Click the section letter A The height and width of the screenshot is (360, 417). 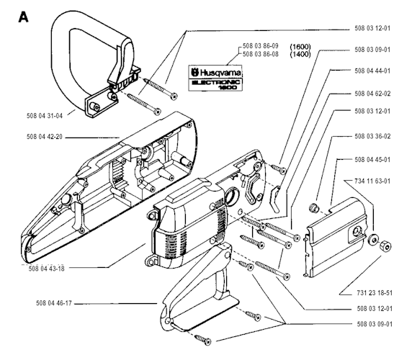pyautogui.click(x=23, y=17)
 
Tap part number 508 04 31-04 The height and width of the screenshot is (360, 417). pyautogui.click(x=45, y=116)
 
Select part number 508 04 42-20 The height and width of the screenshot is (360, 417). pyautogui.click(x=45, y=137)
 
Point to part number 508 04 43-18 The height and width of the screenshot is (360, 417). pyautogui.click(x=47, y=269)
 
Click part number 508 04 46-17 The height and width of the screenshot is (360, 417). pyautogui.click(x=54, y=303)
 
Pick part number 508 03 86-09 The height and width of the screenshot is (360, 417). pyautogui.click(x=261, y=46)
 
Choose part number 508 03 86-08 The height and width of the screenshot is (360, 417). pyautogui.click(x=261, y=54)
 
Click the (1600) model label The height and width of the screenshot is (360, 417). pyautogui.click(x=300, y=47)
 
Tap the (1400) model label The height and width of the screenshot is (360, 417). pyautogui.click(x=300, y=54)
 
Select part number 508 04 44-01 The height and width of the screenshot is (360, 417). pyautogui.click(x=372, y=71)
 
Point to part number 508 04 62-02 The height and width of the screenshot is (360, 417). pyautogui.click(x=372, y=94)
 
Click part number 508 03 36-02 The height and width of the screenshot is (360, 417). pyautogui.click(x=372, y=136)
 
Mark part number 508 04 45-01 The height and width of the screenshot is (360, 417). pyautogui.click(x=372, y=160)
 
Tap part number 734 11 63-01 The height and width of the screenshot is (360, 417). pyautogui.click(x=372, y=181)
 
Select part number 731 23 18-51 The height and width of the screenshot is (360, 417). pyautogui.click(x=375, y=293)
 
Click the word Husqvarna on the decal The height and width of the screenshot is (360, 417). pyautogui.click(x=220, y=72)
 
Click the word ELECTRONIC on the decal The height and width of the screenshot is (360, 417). pyautogui.click(x=216, y=82)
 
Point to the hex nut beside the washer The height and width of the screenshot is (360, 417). pyautogui.click(x=385, y=246)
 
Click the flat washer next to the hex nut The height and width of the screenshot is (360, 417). pyautogui.click(x=372, y=240)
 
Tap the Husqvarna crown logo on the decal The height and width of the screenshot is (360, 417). pyautogui.click(x=195, y=72)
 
